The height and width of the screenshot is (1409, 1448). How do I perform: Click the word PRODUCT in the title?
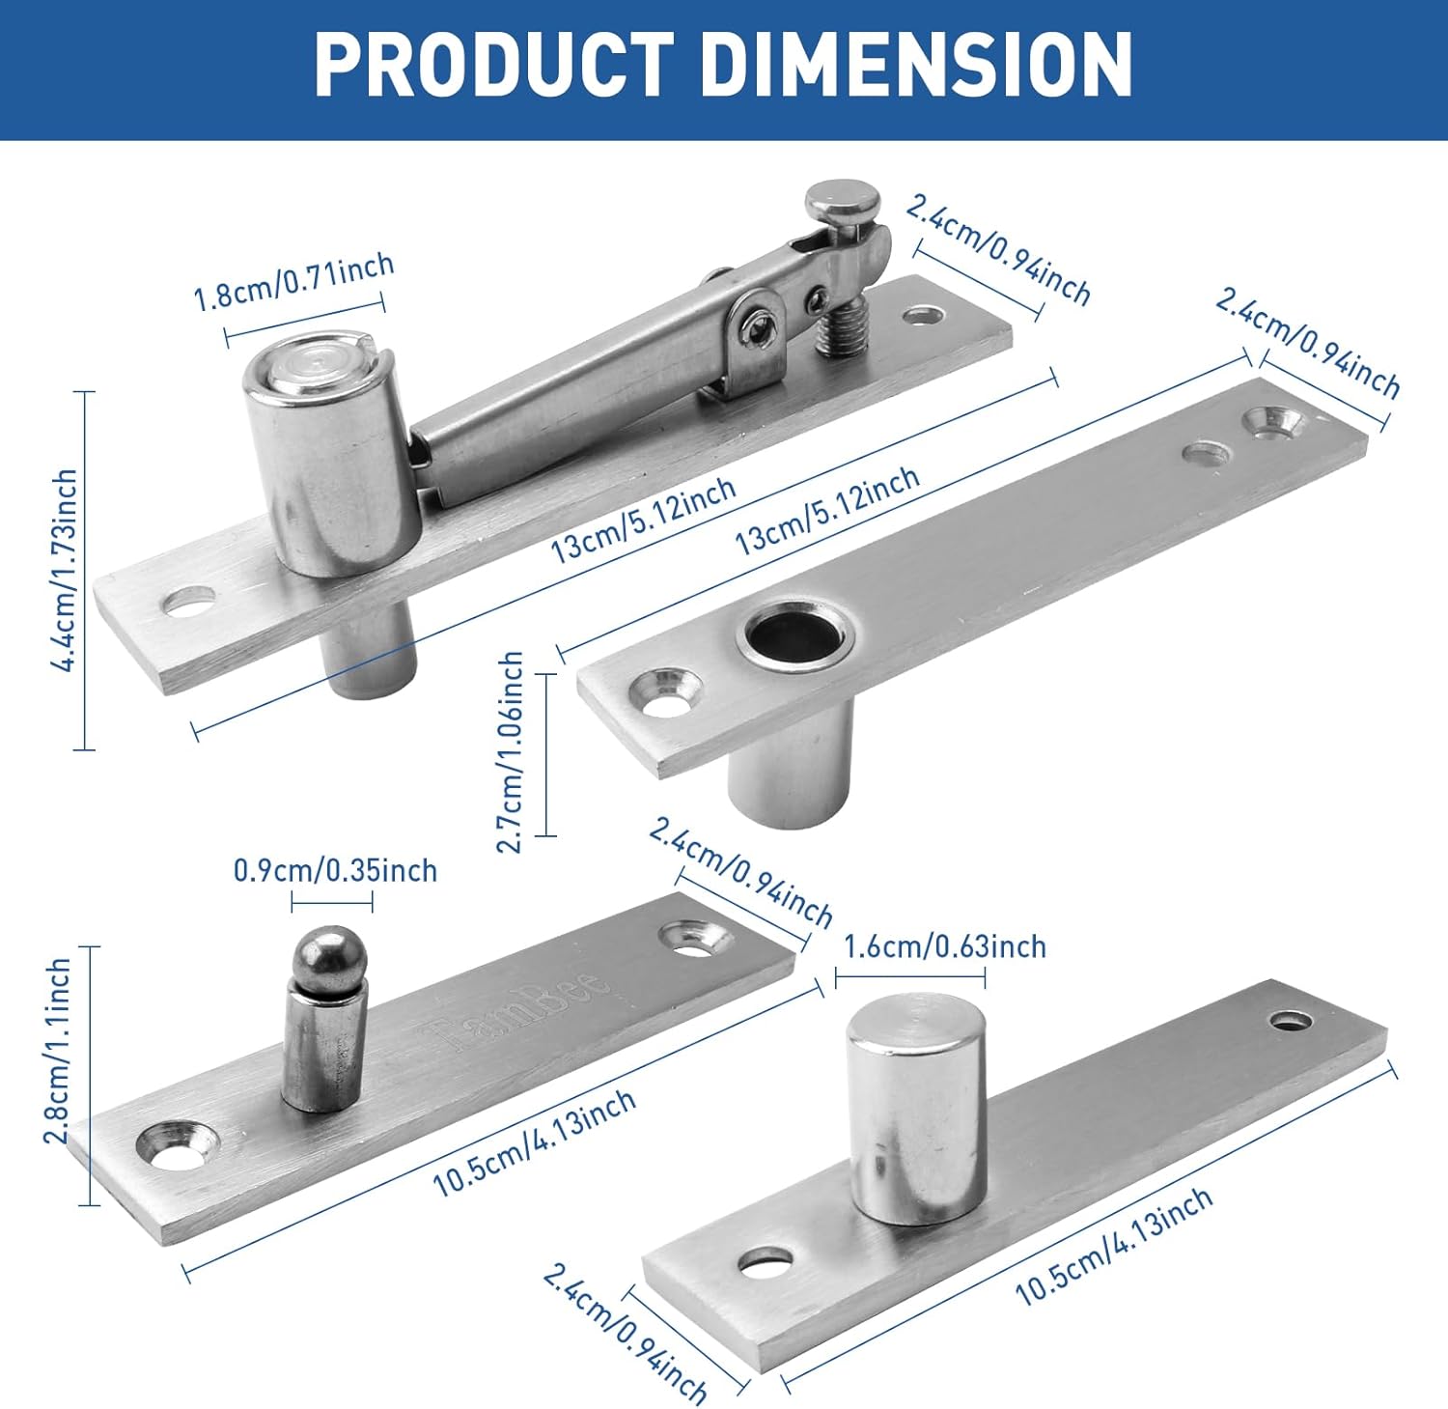[493, 65]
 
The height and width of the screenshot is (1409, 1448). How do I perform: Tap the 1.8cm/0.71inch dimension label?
[293, 282]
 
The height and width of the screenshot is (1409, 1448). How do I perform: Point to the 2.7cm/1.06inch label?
[510, 752]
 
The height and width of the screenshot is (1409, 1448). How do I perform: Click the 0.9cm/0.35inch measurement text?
[335, 870]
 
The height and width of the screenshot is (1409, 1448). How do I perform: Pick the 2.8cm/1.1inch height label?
[58, 1051]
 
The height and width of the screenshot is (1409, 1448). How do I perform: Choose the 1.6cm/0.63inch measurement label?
[944, 946]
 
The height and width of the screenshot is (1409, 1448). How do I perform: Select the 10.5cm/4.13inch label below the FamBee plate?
[533, 1142]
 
